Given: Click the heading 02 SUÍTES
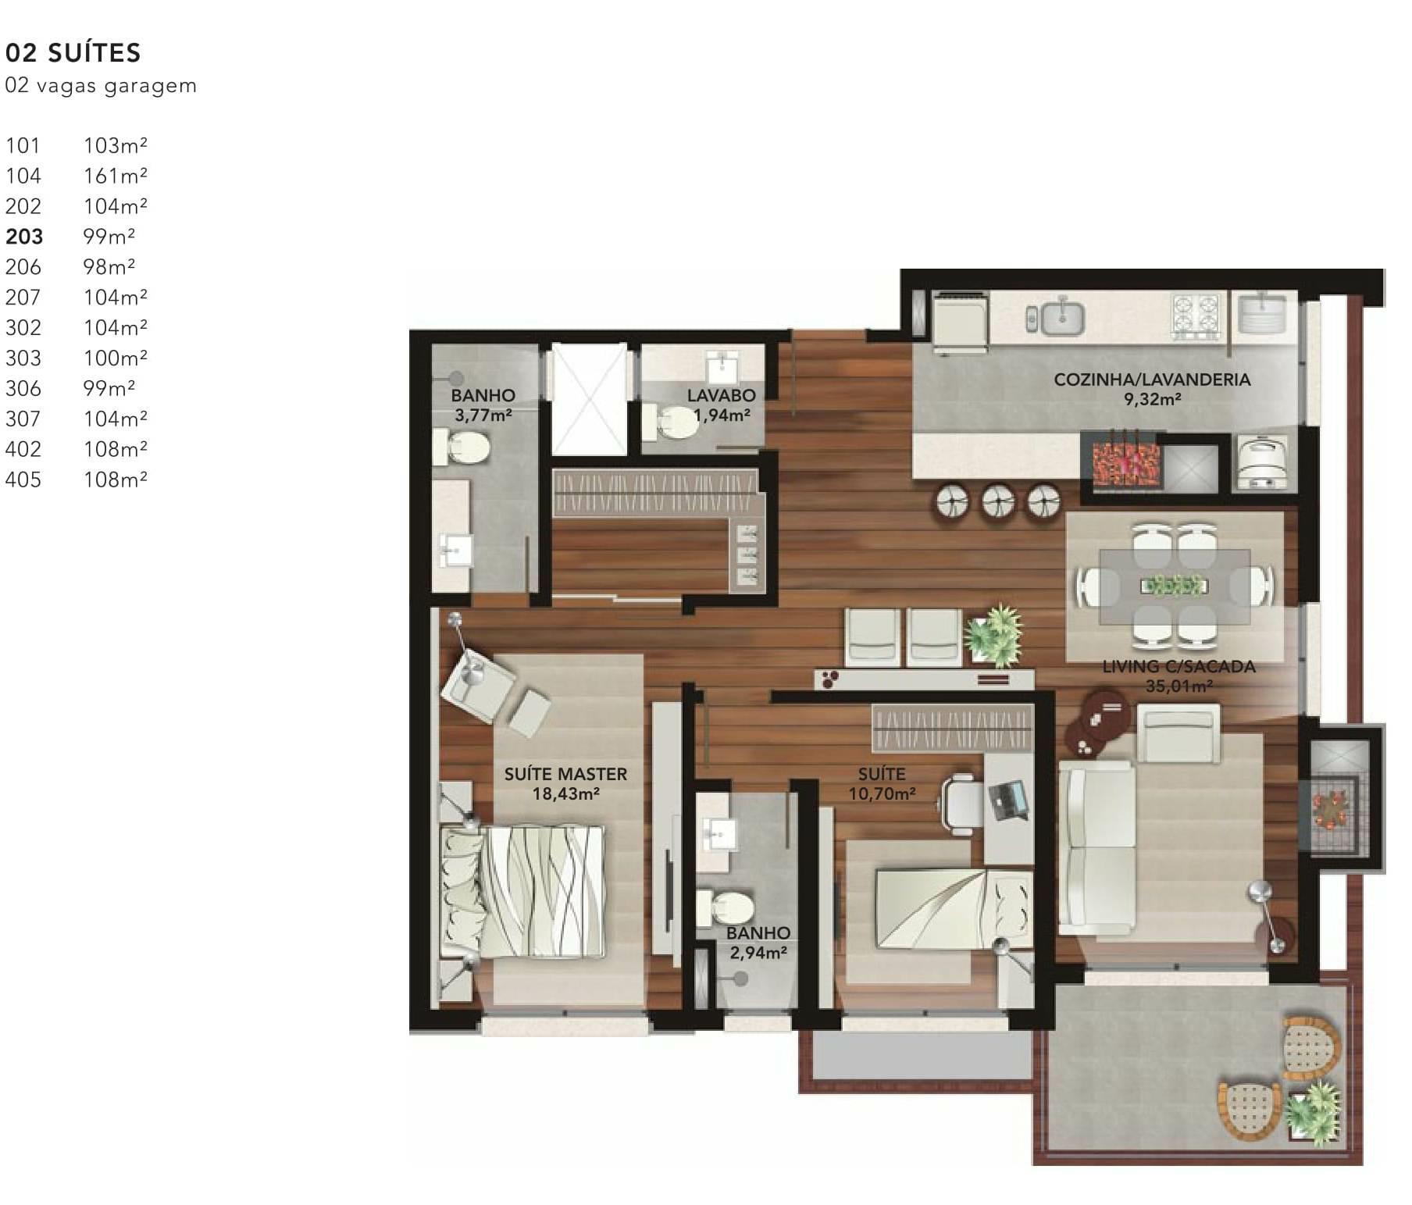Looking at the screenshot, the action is click(73, 52).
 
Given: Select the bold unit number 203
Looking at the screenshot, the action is click(24, 237).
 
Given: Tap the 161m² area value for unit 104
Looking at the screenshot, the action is click(116, 176).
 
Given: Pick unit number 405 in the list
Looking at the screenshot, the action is click(23, 480).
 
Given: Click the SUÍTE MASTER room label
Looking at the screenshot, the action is click(565, 774).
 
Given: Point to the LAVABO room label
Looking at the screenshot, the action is click(722, 395).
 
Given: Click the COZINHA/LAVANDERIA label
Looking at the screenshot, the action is click(1152, 380).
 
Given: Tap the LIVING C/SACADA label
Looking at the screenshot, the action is click(1178, 666).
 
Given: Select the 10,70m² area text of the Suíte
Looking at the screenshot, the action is click(882, 793).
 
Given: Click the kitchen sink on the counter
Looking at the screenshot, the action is click(1055, 316).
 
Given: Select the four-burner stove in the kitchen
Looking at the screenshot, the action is click(1196, 316).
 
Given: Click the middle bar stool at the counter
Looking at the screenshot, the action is click(998, 501).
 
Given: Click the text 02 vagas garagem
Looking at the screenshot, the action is click(101, 85).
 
